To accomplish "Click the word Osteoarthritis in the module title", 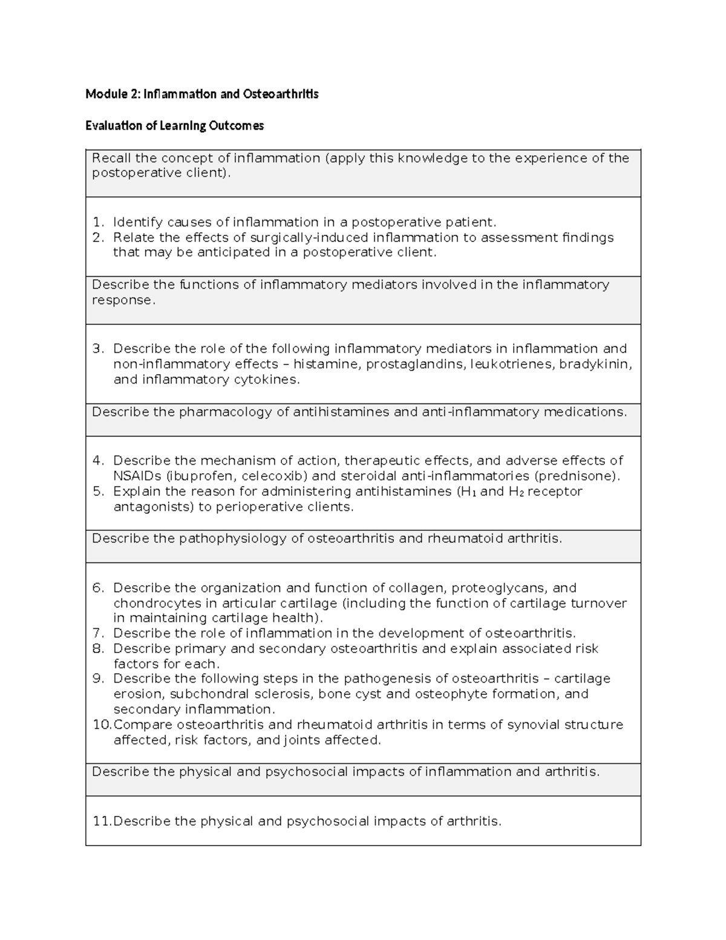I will (x=281, y=94).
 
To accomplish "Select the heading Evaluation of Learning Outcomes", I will (x=174, y=126).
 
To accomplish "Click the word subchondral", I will (x=209, y=694).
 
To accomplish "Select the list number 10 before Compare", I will (x=101, y=725).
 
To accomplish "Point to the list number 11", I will (x=101, y=821).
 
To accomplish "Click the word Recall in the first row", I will (x=111, y=159).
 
